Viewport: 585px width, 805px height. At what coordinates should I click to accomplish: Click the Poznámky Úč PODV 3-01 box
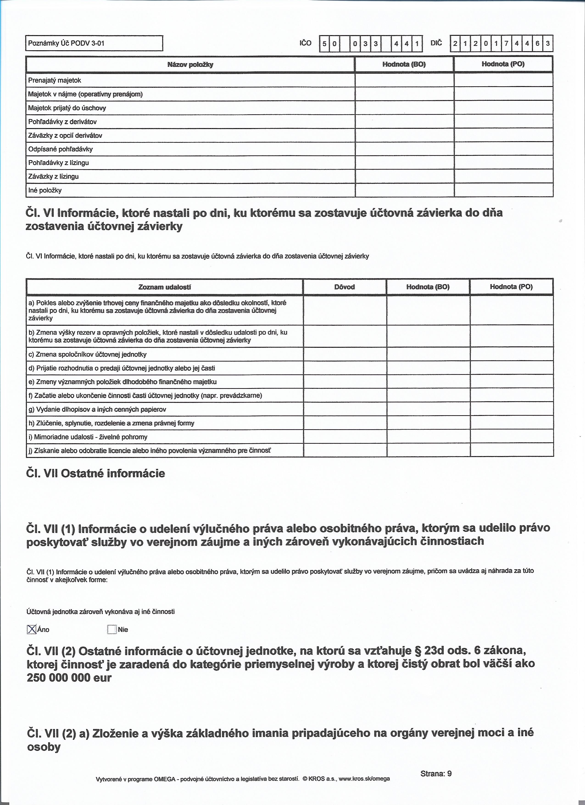click(x=94, y=44)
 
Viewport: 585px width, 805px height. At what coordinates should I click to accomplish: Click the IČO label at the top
click(x=305, y=43)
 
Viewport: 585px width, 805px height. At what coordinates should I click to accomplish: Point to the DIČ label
click(x=436, y=43)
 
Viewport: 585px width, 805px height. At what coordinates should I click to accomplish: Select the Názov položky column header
click(x=190, y=65)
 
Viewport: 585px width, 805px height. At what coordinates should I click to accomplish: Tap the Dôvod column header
click(x=345, y=287)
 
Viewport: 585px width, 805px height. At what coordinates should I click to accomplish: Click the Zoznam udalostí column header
click(x=165, y=287)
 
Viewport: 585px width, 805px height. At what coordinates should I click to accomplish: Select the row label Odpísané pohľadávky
click(x=60, y=149)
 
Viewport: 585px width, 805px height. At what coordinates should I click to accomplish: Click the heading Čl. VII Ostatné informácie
click(x=96, y=474)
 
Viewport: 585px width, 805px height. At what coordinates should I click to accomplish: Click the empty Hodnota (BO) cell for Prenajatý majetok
click(x=404, y=80)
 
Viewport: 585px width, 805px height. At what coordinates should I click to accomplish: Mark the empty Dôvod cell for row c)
click(x=345, y=354)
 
